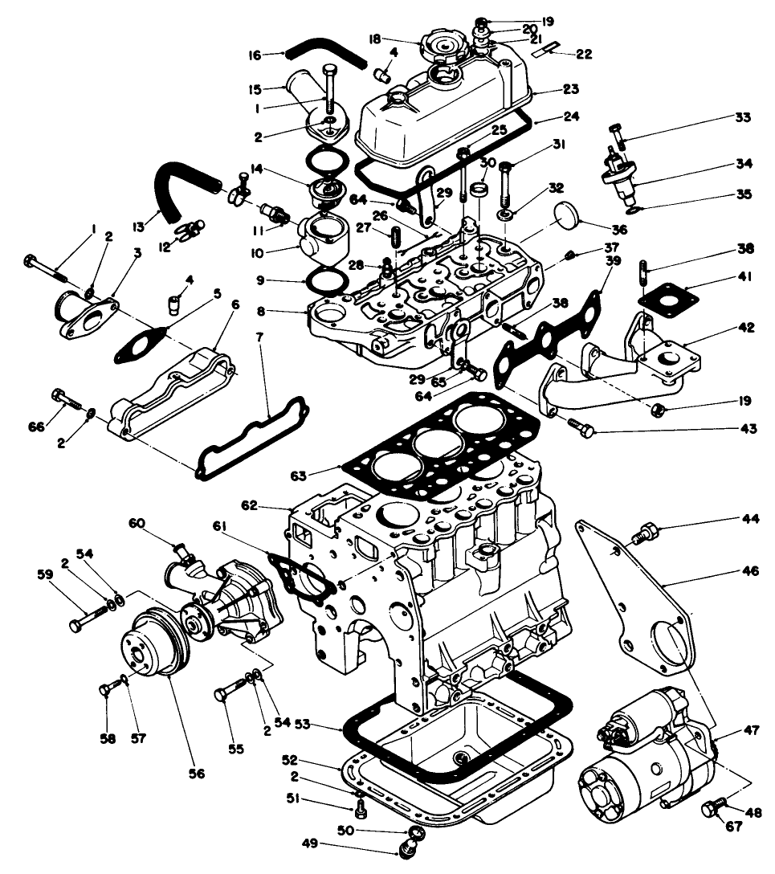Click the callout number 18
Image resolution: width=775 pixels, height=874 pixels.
coord(397,39)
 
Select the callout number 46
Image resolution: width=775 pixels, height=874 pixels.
coord(748,571)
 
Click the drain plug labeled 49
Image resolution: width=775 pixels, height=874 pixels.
coord(408,846)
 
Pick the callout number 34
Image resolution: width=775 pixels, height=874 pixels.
coord(744,164)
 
